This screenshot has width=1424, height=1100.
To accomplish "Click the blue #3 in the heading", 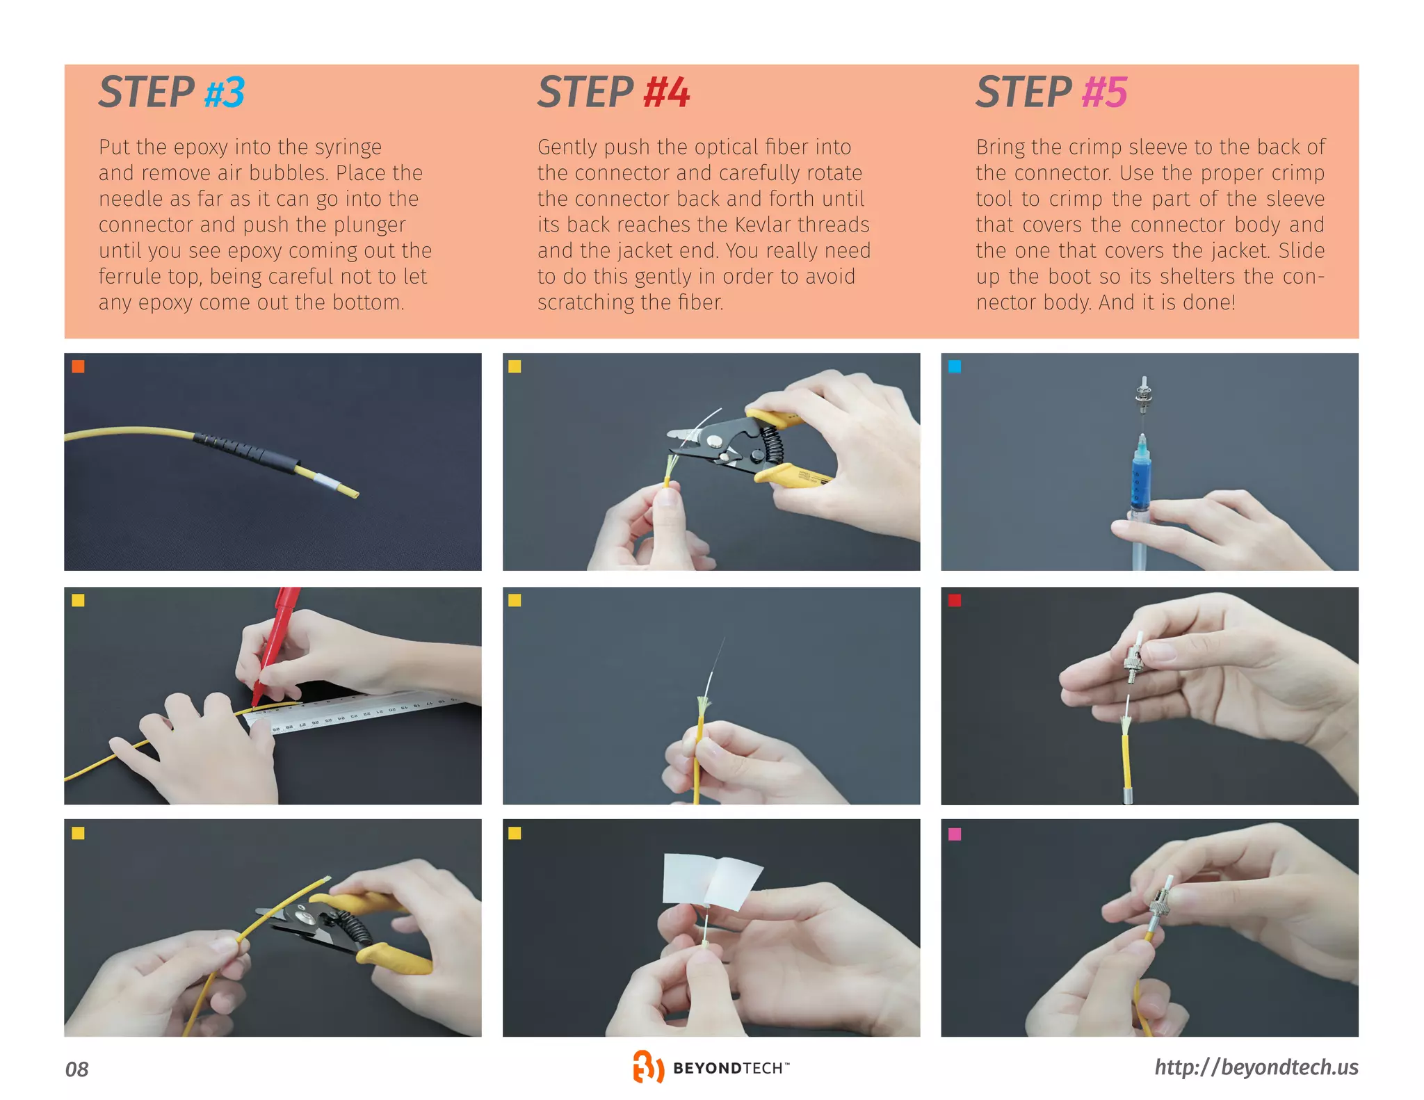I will point(224,92).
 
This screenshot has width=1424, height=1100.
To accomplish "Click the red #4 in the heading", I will point(666,92).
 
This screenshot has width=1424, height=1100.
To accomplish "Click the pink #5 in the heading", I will point(1104,92).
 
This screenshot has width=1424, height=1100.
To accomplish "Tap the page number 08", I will point(76,1069).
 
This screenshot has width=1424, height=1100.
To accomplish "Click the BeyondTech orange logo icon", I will point(647,1067).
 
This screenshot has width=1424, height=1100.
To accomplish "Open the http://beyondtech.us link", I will point(1256,1067).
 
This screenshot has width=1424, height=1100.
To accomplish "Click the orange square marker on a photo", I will point(79,366).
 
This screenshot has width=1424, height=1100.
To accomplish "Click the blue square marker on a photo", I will point(955,366).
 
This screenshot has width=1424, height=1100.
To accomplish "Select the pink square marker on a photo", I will point(955,834).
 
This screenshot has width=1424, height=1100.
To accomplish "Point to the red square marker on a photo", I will point(955,600).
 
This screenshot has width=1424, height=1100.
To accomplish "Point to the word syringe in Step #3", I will point(348,147).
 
